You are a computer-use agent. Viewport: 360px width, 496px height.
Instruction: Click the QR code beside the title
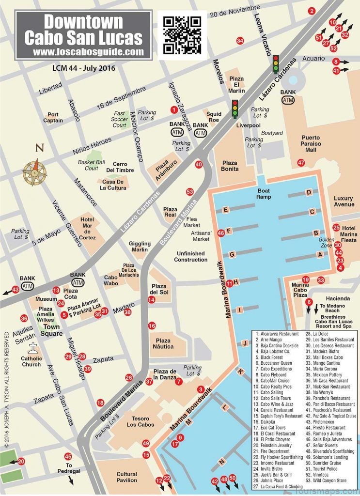[182, 34]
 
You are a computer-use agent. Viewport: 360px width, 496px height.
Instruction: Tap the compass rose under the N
[35, 172]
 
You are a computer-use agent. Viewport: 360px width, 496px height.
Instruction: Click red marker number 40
[199, 164]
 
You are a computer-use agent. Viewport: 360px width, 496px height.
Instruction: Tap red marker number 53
[190, 192]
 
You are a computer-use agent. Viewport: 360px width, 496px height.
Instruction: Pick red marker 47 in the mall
[301, 163]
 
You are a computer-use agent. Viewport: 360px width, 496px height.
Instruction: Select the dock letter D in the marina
[309, 193]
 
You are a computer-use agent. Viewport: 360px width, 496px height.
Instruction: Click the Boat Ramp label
[264, 194]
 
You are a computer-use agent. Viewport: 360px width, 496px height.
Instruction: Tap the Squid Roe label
[214, 117]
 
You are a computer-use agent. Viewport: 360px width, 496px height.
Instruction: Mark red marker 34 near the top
[240, 41]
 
